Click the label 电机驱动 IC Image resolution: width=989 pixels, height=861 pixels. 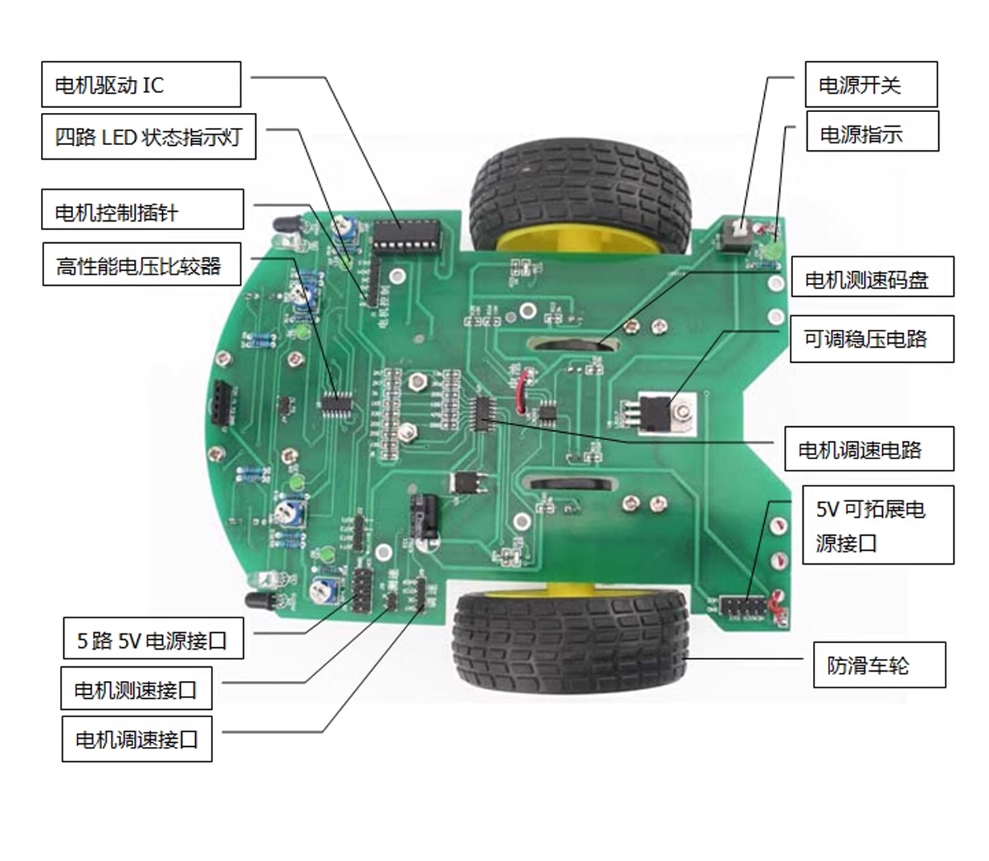[141, 84]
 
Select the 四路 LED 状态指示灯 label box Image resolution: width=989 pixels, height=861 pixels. [148, 137]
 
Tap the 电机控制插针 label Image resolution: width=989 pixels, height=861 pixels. [142, 210]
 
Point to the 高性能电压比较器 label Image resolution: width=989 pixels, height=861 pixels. [142, 265]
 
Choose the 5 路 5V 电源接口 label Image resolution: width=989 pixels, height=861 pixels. [153, 638]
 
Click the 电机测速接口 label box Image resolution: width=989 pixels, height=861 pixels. [136, 688]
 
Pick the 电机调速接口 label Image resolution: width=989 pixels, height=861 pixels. [137, 738]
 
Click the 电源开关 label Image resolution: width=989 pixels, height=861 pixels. [871, 84]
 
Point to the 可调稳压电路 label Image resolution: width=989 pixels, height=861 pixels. [872, 339]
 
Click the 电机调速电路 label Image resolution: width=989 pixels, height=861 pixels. [868, 449]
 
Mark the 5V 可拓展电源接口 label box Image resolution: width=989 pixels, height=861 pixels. [878, 525]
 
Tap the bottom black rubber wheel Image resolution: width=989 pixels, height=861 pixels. [571, 640]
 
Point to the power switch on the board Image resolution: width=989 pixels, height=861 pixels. [736, 234]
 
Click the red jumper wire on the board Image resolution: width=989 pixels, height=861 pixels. [522, 393]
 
